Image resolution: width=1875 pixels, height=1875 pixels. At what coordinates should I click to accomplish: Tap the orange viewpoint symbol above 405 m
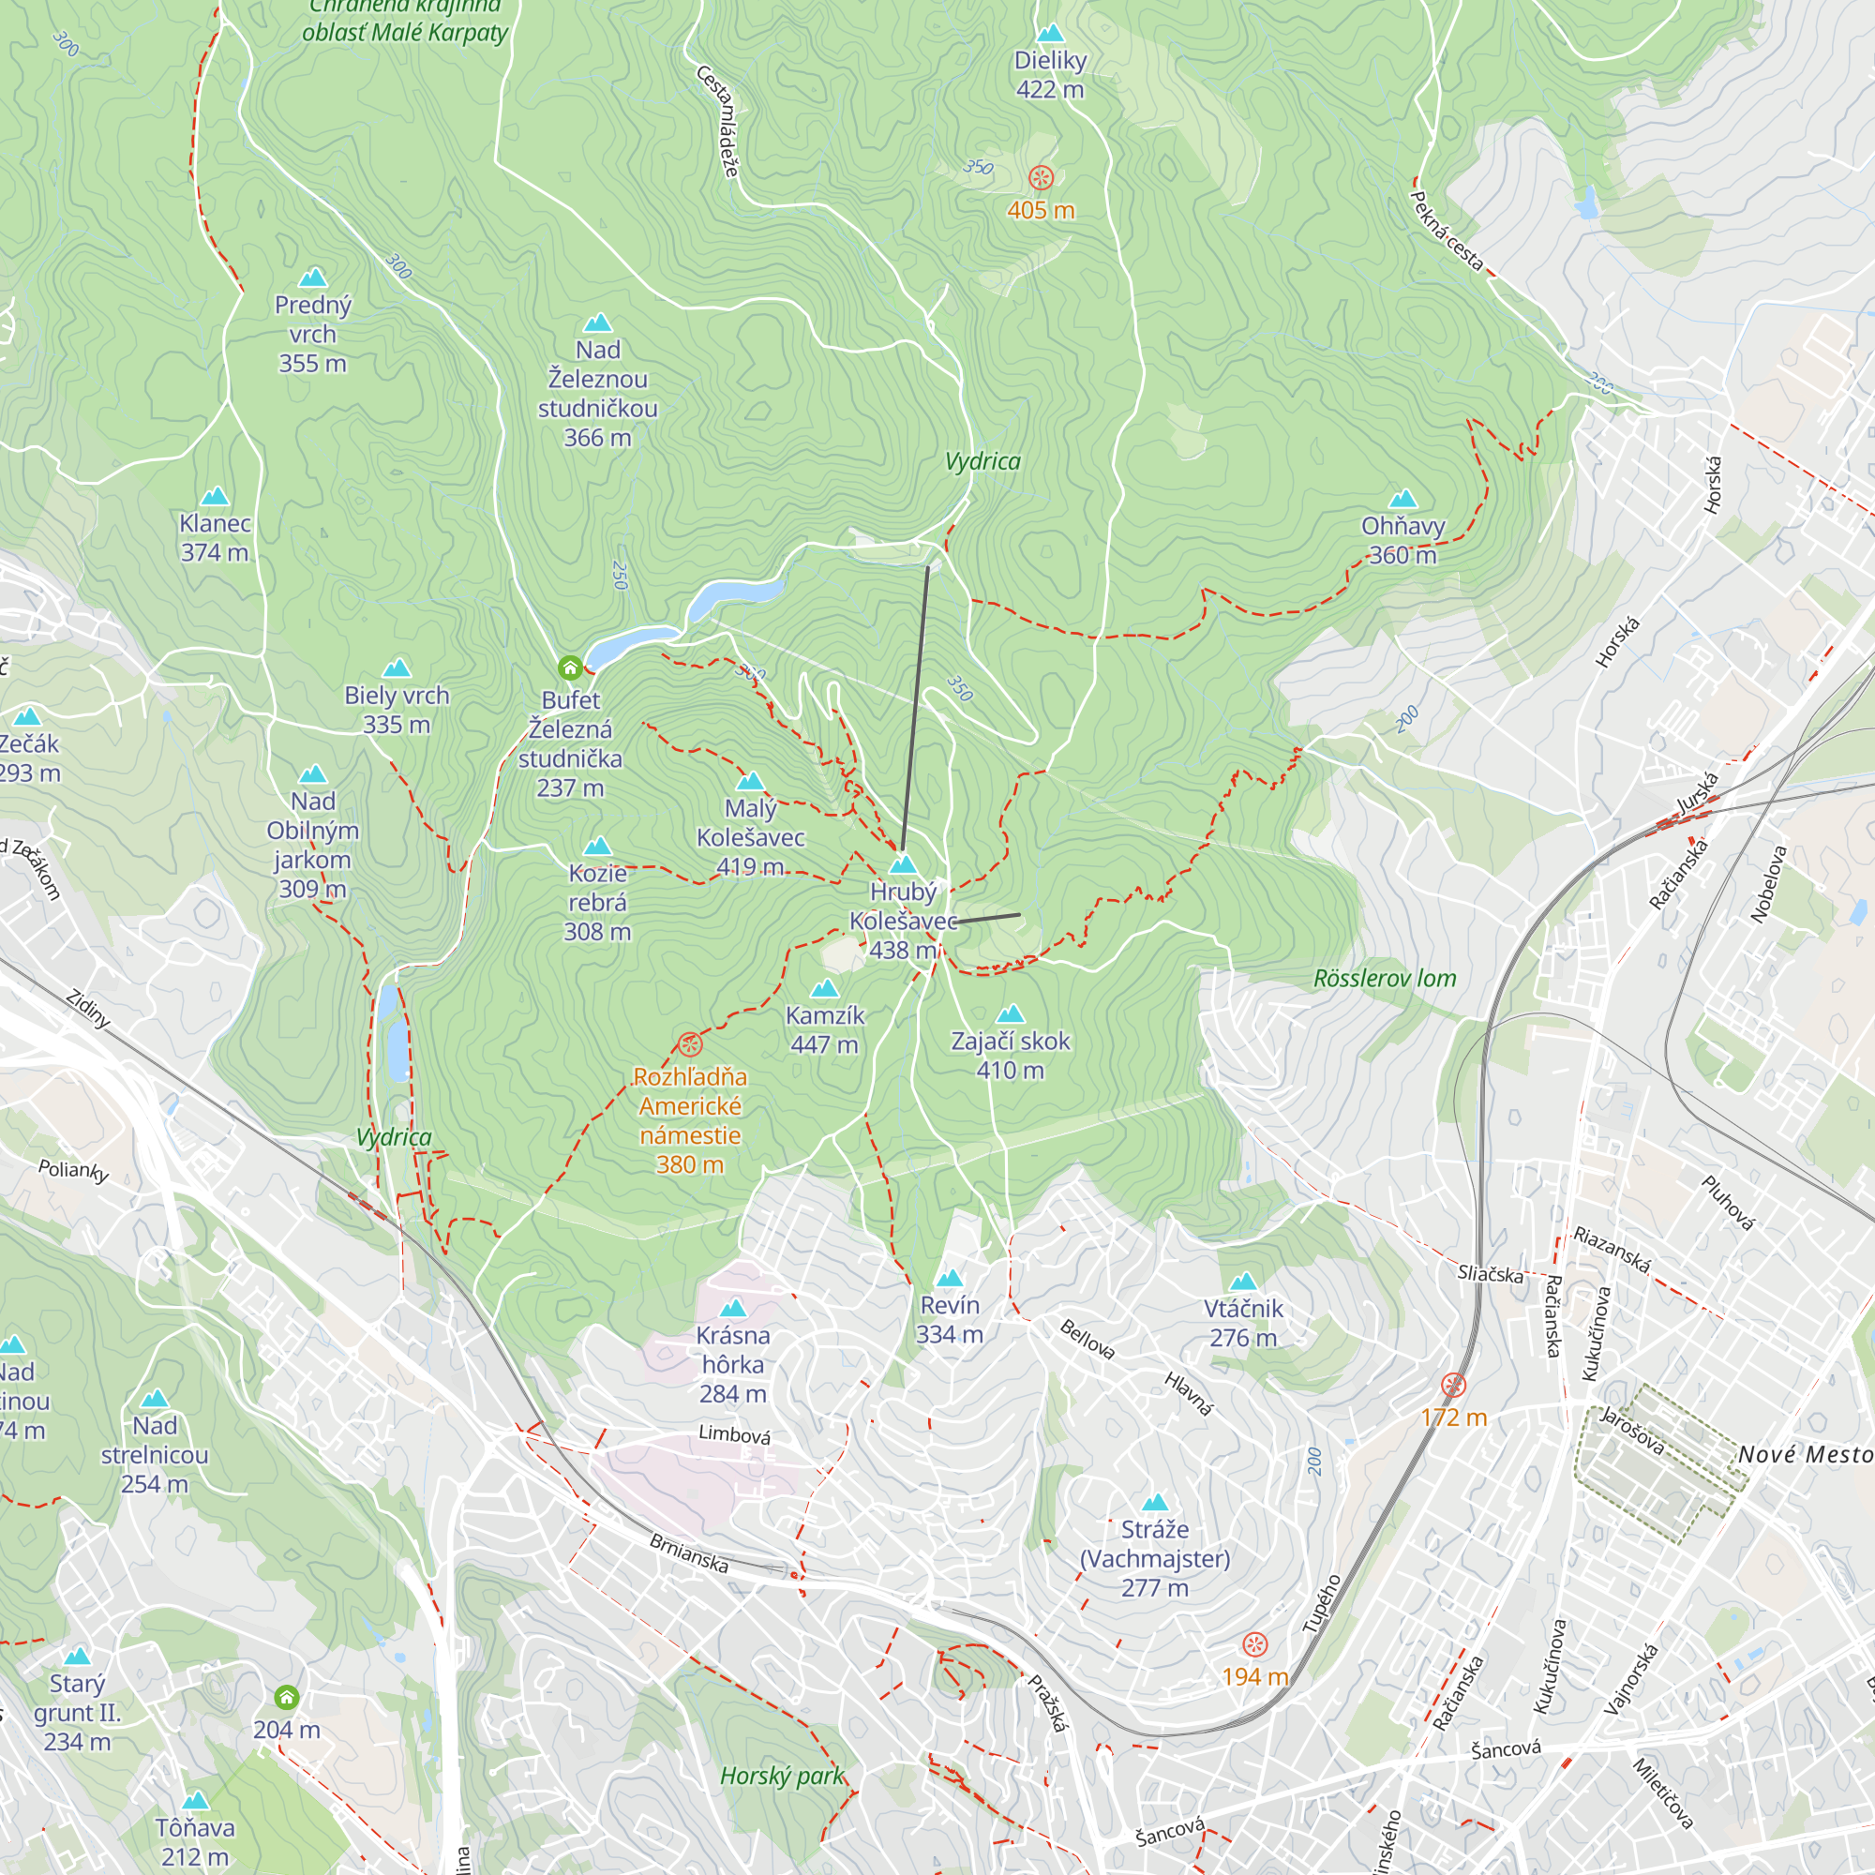click(x=1041, y=177)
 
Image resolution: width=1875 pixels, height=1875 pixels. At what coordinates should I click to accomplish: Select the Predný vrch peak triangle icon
click(x=312, y=278)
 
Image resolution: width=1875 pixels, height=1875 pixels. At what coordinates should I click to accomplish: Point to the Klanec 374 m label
click(x=215, y=537)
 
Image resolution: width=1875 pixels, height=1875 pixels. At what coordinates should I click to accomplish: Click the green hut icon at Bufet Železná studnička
click(x=570, y=667)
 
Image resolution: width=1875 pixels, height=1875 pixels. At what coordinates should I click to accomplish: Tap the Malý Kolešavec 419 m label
click(x=750, y=836)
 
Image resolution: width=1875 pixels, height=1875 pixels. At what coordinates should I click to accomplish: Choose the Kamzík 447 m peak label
click(x=824, y=1029)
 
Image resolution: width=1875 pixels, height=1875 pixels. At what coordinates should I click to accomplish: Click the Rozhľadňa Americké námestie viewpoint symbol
click(x=689, y=1044)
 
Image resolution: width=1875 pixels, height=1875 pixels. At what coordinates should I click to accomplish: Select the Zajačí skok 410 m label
click(x=1010, y=1055)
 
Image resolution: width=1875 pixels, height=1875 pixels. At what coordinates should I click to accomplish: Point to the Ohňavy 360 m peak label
click(x=1402, y=540)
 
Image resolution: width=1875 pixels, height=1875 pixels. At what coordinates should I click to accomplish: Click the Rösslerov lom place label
click(x=1384, y=978)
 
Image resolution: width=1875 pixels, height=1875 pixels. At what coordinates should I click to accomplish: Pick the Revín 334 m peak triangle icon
click(x=949, y=1278)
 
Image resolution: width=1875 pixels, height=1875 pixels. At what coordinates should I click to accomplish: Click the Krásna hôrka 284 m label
click(x=733, y=1363)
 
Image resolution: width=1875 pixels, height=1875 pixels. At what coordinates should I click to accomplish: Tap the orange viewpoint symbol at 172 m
click(x=1453, y=1385)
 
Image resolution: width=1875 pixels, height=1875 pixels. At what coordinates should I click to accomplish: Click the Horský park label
click(x=781, y=1776)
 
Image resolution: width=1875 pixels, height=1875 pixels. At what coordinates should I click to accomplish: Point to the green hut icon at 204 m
click(x=286, y=1698)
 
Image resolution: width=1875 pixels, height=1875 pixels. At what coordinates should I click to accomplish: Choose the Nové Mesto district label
click(x=1804, y=1454)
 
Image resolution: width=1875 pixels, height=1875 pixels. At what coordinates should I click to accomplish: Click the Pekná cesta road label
click(x=1445, y=231)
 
